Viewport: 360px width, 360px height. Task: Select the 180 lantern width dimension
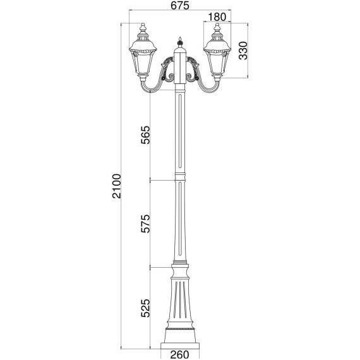[x=217, y=17]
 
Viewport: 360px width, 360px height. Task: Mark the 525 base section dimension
[x=145, y=307]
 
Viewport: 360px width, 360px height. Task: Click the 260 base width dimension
[x=180, y=354]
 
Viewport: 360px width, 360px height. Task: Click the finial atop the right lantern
[x=217, y=28]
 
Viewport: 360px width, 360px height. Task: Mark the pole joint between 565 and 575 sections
[x=180, y=179]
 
